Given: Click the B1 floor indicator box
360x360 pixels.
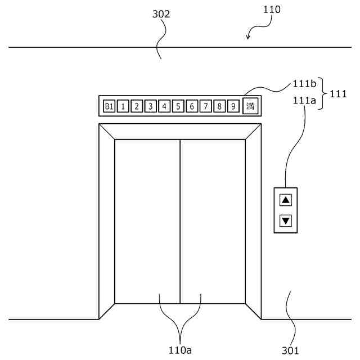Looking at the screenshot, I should coord(109,106).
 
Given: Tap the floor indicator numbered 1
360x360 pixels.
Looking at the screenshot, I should coord(123,106).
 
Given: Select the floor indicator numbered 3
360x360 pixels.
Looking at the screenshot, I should coord(151,106).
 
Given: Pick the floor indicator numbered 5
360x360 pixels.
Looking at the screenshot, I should coord(178,106).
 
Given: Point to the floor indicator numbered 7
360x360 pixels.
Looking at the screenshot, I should coord(205,106).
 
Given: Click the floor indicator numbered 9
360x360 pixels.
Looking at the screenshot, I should coord(233,106).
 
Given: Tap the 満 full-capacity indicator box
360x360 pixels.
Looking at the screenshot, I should coord(251,106).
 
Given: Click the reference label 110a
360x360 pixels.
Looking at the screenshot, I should coord(181,350).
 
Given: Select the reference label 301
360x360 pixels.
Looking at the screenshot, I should coord(290,351).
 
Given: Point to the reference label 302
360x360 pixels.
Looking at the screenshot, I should coord(161,15).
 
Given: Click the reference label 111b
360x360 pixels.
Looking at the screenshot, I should coord(304,84).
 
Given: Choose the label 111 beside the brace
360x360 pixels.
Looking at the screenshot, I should coord(338,93).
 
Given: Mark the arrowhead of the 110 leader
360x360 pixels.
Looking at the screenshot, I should coord(249,38).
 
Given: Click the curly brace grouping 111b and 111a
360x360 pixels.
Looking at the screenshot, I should coord(323,93).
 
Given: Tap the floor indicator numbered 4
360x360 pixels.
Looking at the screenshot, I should coord(164,106).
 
